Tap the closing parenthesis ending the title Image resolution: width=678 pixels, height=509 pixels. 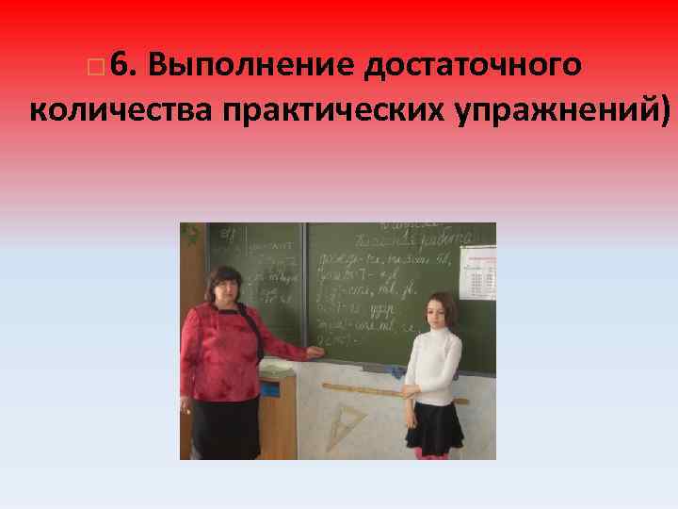pyautogui.click(x=666, y=111)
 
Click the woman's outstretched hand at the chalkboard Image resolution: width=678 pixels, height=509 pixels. pyautogui.click(x=316, y=353)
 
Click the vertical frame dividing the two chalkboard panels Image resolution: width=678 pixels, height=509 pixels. pyautogui.click(x=304, y=283)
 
